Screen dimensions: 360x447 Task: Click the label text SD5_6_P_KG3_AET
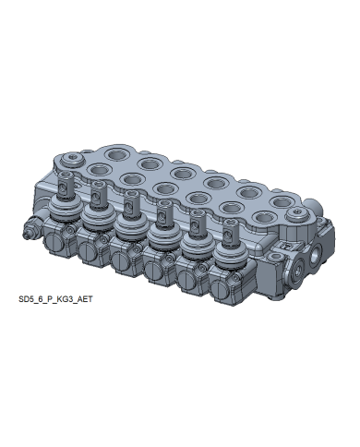pos(55,299)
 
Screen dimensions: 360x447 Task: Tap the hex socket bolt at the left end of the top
pos(72,160)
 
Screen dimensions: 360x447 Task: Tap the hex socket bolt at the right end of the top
pos(295,214)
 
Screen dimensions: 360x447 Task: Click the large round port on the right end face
pos(298,269)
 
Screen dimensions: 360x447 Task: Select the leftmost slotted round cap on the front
pos(54,243)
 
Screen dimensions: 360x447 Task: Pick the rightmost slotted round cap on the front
pos(219,290)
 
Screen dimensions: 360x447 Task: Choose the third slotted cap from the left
pos(119,261)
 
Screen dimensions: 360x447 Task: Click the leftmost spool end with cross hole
pos(66,184)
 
